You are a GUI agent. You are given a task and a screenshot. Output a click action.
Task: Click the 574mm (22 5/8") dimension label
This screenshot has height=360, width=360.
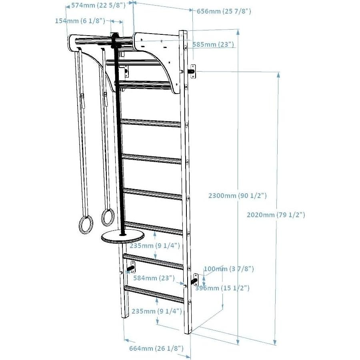tap(98, 5)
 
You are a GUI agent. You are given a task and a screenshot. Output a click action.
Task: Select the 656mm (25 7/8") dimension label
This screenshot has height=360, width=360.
tap(224, 12)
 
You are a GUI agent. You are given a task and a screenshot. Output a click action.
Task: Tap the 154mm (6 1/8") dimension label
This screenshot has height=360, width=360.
tap(80, 21)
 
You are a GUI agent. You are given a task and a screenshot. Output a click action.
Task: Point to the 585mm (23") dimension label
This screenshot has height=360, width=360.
tap(213, 44)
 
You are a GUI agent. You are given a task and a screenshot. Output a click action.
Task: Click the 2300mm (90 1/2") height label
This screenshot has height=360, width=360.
tap(238, 196)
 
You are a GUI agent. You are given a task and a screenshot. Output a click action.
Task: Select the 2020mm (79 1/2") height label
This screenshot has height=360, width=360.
tap(276, 215)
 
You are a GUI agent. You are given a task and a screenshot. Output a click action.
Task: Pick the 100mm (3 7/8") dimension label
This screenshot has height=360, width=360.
tap(229, 269)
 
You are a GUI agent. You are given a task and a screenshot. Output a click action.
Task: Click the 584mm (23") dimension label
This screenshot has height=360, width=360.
tap(154, 277)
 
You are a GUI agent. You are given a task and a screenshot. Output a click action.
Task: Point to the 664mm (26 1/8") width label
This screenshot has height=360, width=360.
tap(156, 348)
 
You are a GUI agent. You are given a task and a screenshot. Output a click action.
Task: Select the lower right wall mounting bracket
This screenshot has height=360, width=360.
tap(196, 279)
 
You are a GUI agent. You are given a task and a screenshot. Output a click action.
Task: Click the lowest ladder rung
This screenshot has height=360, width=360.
tap(154, 294)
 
